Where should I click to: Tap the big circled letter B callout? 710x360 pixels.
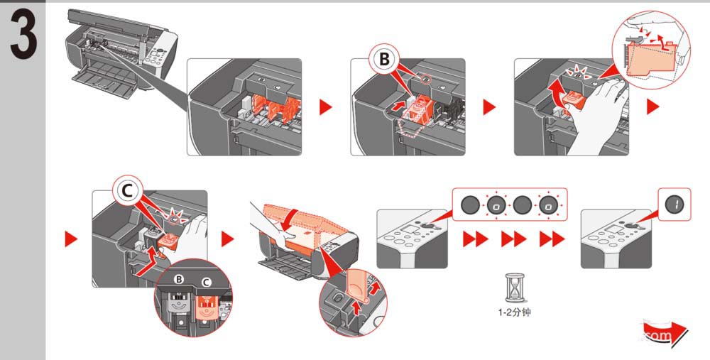click(x=384, y=60)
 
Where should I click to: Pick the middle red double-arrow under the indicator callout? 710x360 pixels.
click(x=513, y=241)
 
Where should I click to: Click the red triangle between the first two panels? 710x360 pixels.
click(x=325, y=108)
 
